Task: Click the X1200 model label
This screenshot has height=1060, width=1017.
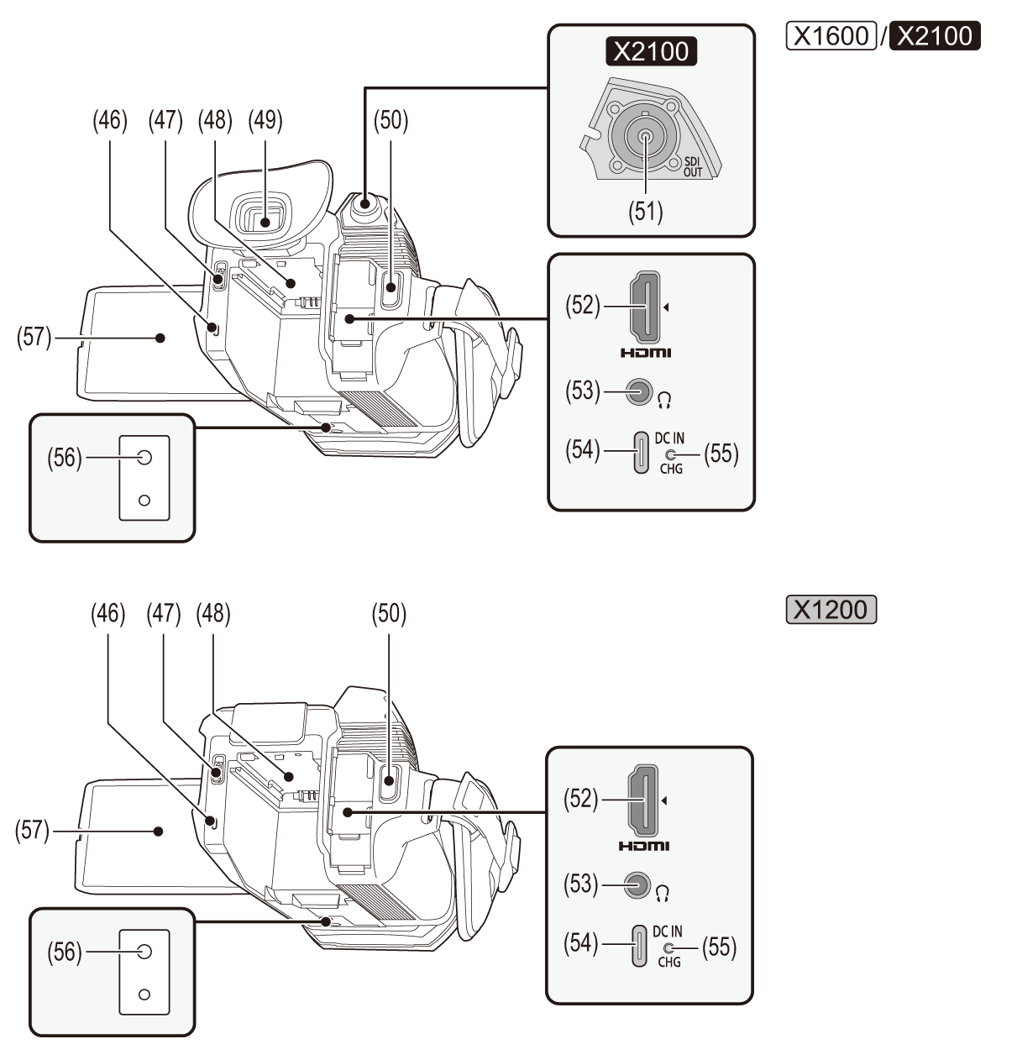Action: [830, 609]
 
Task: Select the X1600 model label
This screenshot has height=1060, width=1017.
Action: [830, 36]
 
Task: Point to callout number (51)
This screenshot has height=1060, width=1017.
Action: [647, 211]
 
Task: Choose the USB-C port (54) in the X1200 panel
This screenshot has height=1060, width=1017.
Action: [638, 945]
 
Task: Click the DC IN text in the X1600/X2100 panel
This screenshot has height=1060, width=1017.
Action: [670, 438]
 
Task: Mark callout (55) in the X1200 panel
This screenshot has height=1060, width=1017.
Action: [720, 947]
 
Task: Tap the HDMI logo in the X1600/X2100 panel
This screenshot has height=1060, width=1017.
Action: [646, 353]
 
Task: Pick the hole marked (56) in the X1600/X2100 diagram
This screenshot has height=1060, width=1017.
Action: [144, 458]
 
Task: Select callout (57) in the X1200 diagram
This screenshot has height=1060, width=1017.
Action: [32, 832]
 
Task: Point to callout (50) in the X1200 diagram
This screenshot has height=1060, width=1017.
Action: [389, 615]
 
